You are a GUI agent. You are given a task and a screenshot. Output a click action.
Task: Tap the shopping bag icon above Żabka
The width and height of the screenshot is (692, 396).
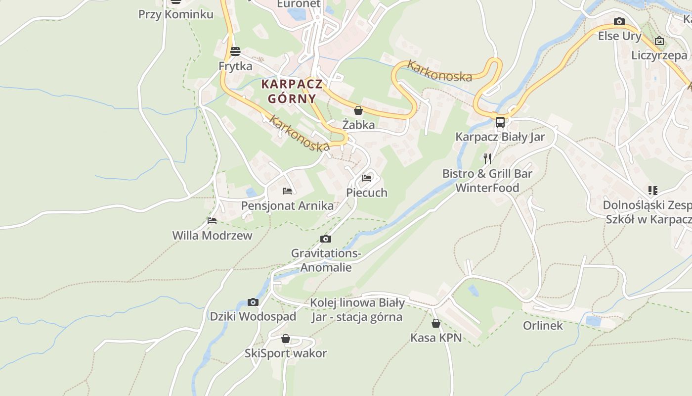[x=358, y=110]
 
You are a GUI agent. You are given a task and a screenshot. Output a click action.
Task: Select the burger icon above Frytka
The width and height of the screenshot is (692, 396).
[x=235, y=51]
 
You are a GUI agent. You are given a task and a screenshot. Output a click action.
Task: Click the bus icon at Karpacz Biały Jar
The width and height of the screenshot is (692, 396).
[x=500, y=122]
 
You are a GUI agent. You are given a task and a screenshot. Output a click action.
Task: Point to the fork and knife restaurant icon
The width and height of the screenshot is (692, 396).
[x=487, y=158]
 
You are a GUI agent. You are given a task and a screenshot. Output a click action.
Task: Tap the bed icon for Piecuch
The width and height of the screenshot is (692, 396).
[x=367, y=178]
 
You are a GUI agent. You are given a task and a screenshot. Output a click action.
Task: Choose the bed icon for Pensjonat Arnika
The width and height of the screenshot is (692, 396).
[x=287, y=191]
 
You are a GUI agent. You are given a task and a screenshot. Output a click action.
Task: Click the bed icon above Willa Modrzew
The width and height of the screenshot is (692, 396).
[x=212, y=221]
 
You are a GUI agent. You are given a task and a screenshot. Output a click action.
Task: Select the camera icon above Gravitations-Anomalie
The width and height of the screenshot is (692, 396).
[x=326, y=239]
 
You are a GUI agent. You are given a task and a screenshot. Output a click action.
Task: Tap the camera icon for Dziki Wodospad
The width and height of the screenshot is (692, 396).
[x=253, y=302]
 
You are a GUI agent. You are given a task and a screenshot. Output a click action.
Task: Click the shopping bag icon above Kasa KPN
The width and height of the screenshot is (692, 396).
[x=436, y=323]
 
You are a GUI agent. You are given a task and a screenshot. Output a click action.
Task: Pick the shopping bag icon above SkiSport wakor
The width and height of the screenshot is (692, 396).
[x=286, y=339]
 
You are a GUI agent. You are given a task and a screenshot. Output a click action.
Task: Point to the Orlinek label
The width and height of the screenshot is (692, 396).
[x=543, y=326]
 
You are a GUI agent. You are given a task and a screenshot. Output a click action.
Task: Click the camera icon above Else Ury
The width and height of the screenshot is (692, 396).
[x=619, y=22]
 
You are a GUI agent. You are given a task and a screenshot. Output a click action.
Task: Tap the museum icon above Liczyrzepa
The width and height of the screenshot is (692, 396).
[x=659, y=41]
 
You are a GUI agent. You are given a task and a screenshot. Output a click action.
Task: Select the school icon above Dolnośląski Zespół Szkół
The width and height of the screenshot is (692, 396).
[x=653, y=191]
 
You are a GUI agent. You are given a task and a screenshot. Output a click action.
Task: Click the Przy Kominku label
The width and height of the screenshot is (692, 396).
[x=176, y=14]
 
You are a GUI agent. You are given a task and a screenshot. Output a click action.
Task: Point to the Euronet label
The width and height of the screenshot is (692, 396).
[x=299, y=4]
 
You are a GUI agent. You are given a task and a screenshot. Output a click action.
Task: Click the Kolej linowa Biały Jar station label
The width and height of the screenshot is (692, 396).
[x=357, y=310]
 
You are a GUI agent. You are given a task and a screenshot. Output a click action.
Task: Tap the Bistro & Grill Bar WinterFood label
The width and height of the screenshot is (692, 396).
[x=487, y=181]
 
